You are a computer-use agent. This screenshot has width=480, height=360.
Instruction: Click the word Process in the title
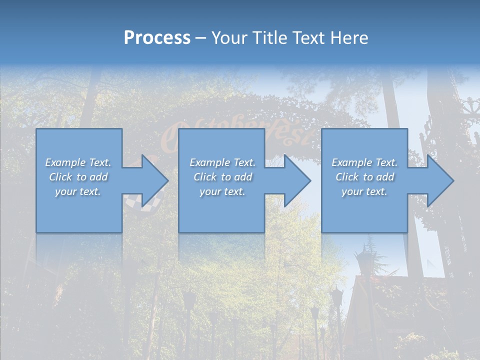(157, 38)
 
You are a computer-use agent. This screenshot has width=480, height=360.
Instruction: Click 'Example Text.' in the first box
(78, 162)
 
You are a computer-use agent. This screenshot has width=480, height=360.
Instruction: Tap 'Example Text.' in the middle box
(222, 162)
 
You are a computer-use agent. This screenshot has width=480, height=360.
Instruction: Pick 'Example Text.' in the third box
(364, 162)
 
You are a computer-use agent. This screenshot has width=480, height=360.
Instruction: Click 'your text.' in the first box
(78, 191)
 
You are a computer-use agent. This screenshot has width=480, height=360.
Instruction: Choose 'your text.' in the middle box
(222, 191)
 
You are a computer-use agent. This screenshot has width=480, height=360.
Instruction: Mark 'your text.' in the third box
(364, 191)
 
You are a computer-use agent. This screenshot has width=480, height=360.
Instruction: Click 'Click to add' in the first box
(78, 177)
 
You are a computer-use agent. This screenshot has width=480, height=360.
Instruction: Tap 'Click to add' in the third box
(364, 177)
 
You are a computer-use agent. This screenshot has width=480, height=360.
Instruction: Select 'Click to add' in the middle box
(222, 177)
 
